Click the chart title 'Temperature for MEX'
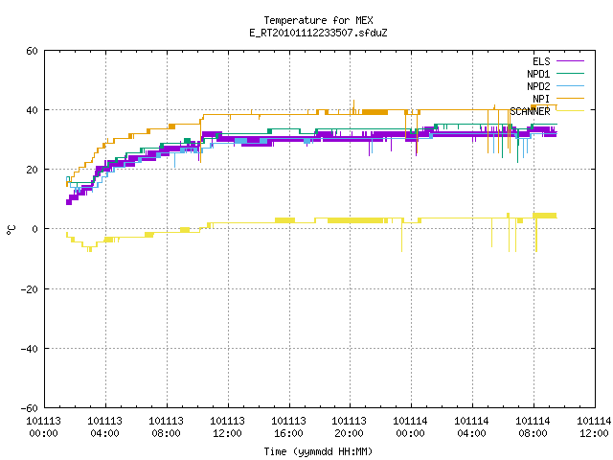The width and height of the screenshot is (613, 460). click(x=318, y=20)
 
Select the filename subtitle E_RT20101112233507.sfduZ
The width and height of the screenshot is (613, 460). click(x=318, y=33)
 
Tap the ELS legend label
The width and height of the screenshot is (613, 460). click(x=541, y=61)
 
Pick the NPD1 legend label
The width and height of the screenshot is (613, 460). click(x=538, y=74)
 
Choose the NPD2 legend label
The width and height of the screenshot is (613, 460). click(x=538, y=86)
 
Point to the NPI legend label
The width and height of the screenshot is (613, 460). click(x=541, y=99)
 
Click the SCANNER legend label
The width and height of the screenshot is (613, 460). click(x=530, y=111)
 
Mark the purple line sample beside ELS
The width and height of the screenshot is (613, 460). click(x=570, y=61)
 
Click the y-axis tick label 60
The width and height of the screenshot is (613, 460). click(x=32, y=51)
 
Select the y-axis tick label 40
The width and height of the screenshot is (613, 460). click(x=32, y=110)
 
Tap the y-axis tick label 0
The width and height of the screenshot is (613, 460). click(x=35, y=229)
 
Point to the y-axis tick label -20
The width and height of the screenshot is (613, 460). click(x=30, y=289)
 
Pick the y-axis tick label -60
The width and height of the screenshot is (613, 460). click(x=30, y=408)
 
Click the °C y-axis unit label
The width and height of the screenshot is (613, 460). click(x=11, y=230)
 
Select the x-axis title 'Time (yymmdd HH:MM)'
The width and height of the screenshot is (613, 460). click(x=318, y=451)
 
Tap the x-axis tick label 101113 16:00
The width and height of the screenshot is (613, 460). click(x=289, y=427)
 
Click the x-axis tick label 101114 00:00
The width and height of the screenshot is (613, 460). click(x=410, y=427)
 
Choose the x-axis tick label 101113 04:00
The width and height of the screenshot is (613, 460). click(x=104, y=427)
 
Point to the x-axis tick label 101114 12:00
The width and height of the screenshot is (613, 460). click(x=594, y=427)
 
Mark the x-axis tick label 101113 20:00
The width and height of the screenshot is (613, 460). click(x=349, y=427)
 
